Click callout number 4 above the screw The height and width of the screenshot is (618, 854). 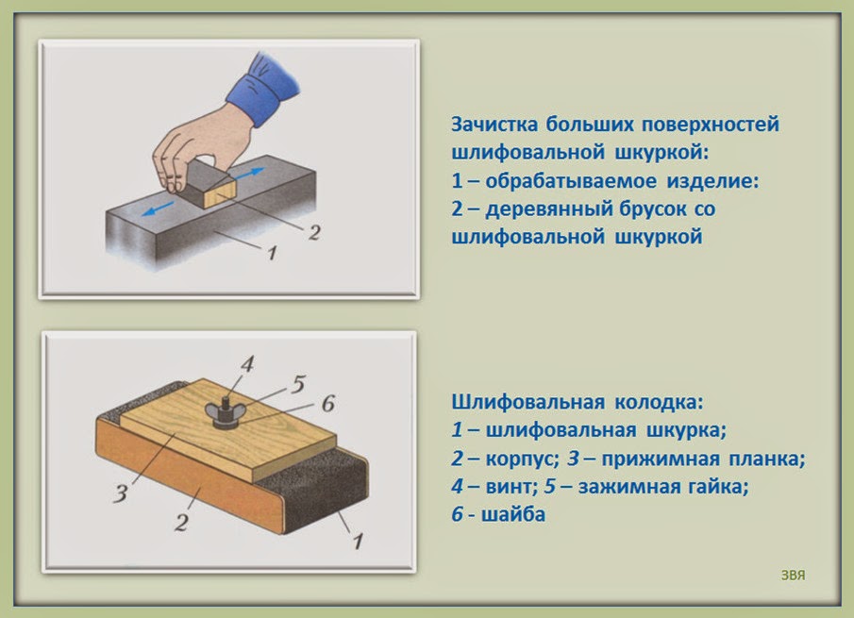click(x=246, y=363)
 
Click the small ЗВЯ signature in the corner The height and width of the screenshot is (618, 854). click(x=793, y=573)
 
